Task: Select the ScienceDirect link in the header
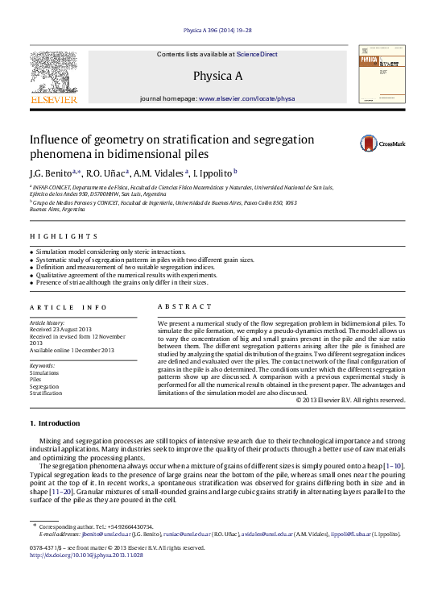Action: (257, 54)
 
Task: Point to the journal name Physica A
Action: (217, 76)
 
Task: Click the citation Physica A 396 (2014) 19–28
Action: (217, 30)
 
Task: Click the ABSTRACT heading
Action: (184, 307)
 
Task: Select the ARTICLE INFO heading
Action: (68, 307)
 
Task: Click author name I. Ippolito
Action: (211, 172)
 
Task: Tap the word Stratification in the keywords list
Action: (46, 393)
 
